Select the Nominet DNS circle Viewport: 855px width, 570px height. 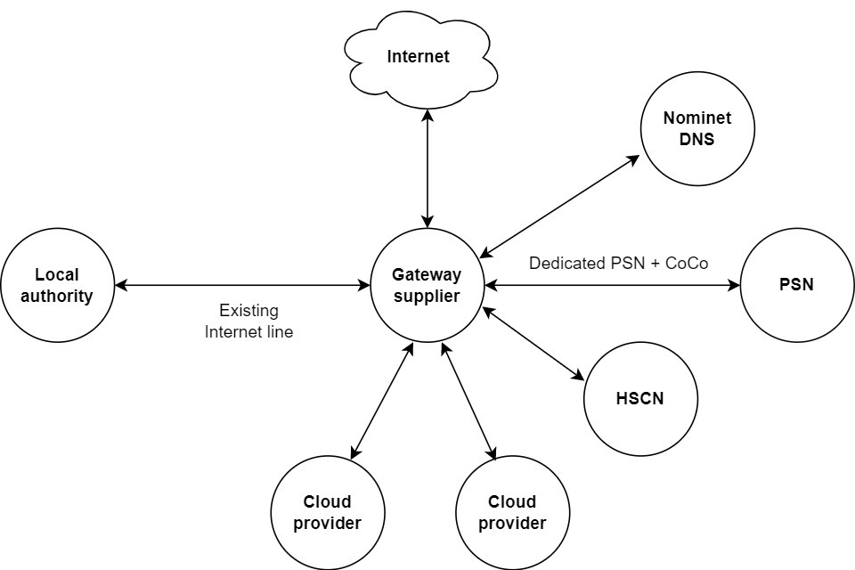tap(696, 130)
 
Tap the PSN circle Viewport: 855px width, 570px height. tap(796, 285)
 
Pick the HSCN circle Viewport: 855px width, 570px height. tap(639, 398)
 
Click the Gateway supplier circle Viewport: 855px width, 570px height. tap(427, 285)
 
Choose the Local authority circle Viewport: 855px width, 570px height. tap(58, 286)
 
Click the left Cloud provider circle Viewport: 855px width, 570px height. tap(327, 513)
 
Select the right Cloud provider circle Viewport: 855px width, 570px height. tap(512, 513)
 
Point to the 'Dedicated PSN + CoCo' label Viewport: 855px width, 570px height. tap(618, 264)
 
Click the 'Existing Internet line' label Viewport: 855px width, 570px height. tap(248, 322)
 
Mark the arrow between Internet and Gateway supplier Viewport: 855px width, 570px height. tap(428, 168)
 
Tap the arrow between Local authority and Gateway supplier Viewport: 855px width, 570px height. tap(243, 286)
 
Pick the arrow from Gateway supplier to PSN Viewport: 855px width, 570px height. tap(613, 286)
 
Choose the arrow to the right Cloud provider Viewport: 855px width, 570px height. tap(468, 403)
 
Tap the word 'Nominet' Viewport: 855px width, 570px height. tap(696, 119)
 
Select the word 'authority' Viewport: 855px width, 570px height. tap(58, 296)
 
